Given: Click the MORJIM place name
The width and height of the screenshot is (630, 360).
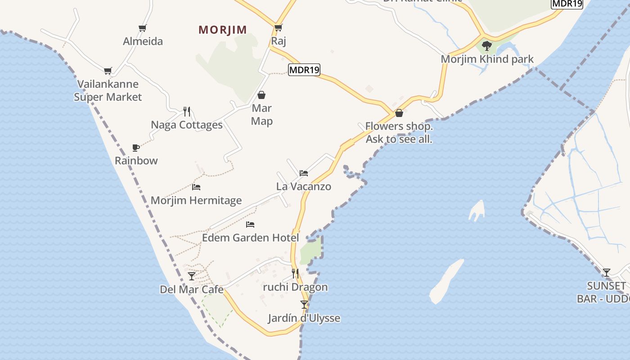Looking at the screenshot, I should (223, 30).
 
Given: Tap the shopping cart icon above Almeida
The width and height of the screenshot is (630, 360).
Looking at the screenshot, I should (143, 28).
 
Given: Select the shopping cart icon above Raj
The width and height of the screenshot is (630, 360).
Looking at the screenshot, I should (278, 28).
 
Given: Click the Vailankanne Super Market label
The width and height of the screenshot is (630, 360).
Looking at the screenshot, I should (108, 90).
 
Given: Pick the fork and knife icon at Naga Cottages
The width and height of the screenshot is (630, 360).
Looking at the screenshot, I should (187, 111).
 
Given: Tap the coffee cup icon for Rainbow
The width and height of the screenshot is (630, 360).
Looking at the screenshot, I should (136, 147).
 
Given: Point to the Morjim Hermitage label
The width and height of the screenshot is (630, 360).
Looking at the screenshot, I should (196, 200).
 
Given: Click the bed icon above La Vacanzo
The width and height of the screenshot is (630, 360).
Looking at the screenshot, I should (304, 173).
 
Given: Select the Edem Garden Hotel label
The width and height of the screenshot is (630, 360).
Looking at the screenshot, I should (250, 238).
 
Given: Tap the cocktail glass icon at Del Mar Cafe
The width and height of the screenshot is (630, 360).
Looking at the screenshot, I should (192, 276).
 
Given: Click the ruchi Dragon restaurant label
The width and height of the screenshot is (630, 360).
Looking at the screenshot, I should (295, 287).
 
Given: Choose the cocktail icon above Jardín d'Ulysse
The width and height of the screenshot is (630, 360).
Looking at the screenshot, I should (304, 305).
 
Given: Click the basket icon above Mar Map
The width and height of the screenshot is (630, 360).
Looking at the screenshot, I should (261, 95).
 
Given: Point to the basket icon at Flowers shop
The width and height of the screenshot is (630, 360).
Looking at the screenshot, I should (399, 113).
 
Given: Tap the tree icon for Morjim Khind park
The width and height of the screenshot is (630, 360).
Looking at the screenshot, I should (487, 45).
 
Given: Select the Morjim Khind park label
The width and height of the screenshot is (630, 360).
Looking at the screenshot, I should (487, 59).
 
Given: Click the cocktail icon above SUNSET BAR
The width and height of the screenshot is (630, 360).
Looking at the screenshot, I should (607, 272).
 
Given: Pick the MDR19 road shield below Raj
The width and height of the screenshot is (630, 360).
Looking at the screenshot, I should (304, 70).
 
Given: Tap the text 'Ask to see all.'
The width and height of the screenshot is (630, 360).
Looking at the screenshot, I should (399, 139).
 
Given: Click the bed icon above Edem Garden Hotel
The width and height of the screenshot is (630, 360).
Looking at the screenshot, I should (250, 225).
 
